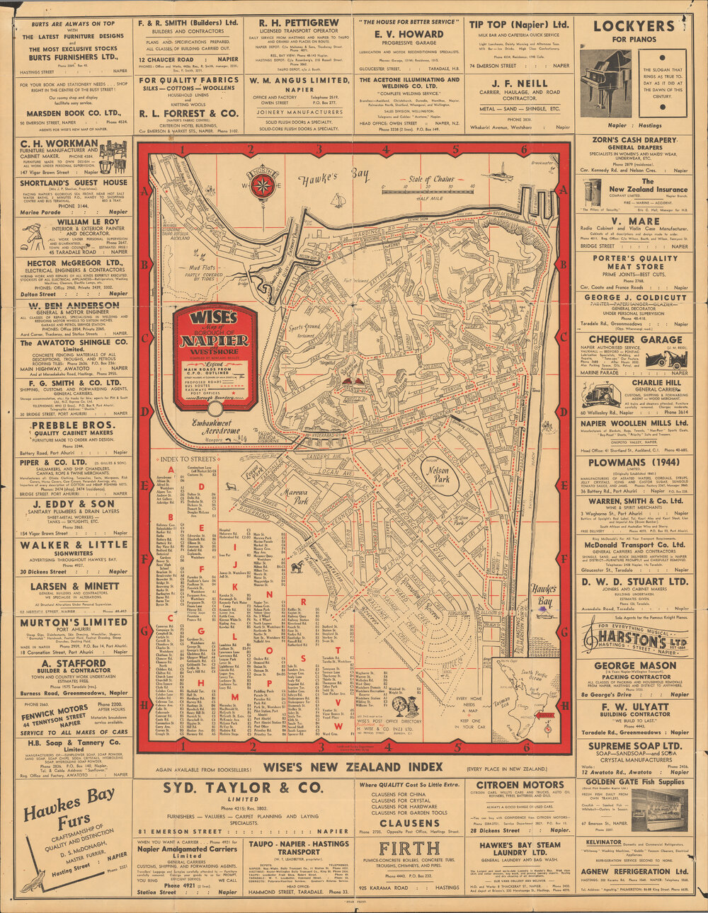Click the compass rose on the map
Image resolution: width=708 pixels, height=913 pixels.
click(x=263, y=185)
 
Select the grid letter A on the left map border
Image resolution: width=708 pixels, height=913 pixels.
click(x=145, y=190)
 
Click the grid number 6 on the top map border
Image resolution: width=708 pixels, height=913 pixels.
click(x=524, y=149)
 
